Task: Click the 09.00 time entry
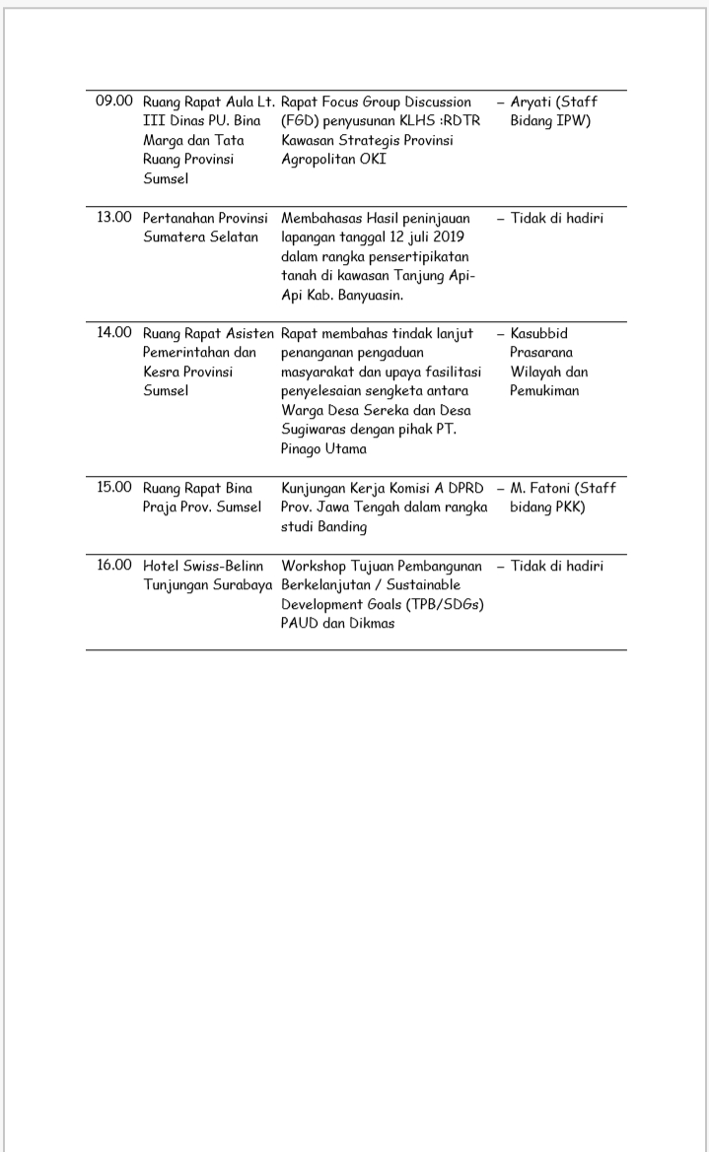click(x=113, y=102)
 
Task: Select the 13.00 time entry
click(x=113, y=218)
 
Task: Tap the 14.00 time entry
click(x=113, y=333)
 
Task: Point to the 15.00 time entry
click(x=113, y=488)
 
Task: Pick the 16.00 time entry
click(x=113, y=566)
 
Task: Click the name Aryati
click(x=532, y=102)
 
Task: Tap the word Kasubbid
click(x=539, y=333)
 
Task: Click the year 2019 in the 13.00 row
click(x=456, y=237)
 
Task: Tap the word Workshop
click(x=316, y=566)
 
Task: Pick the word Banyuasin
click(x=375, y=295)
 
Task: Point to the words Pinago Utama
click(x=323, y=449)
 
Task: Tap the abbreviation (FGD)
click(x=300, y=121)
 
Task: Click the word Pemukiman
click(x=544, y=391)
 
